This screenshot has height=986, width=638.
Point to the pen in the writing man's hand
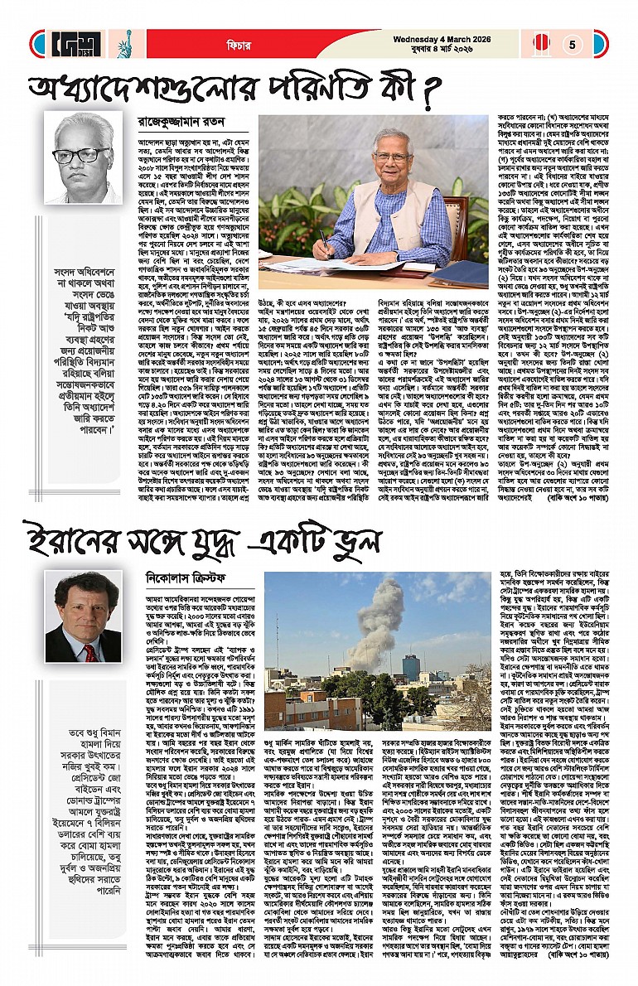tap(322, 237)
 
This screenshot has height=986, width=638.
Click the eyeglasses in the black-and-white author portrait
tap(82, 155)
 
